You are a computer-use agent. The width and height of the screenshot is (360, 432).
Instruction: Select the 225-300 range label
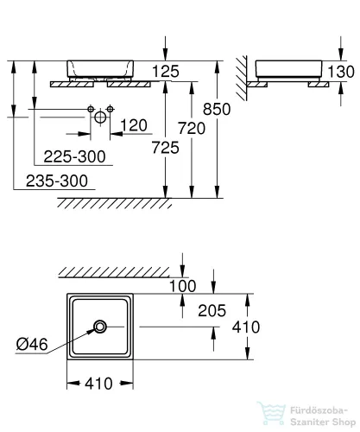coord(75,156)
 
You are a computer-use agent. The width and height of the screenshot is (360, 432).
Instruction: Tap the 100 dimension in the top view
coord(182,286)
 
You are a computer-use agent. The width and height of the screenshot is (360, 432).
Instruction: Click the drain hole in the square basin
coord(101,327)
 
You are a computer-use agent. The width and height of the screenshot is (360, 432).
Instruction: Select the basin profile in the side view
coord(287,68)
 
